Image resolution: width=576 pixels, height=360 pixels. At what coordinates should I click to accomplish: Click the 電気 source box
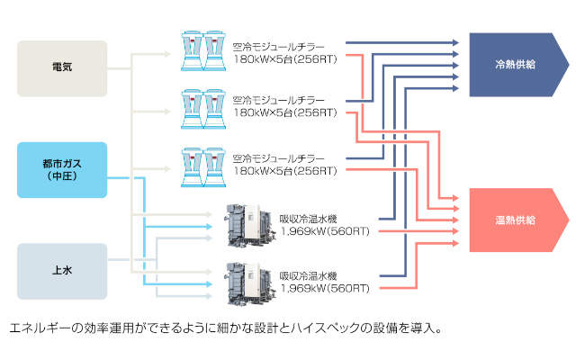coord(62,67)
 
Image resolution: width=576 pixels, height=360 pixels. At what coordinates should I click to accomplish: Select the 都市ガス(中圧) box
coord(62,170)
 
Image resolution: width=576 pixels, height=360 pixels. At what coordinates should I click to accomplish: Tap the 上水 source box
coord(62,271)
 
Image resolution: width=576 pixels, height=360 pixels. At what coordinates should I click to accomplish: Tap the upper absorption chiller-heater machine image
coord(247,224)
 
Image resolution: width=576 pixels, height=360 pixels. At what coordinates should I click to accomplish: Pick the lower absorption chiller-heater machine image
coord(247,281)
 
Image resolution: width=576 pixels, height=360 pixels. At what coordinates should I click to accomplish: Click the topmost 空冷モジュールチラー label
coord(278,47)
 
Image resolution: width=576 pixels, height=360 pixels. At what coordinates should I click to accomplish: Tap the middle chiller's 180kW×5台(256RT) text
coord(284,113)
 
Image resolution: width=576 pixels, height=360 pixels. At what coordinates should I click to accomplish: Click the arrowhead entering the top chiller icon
coord(173,53)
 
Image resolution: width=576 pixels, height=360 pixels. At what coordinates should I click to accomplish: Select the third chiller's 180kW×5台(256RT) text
coord(284,171)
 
